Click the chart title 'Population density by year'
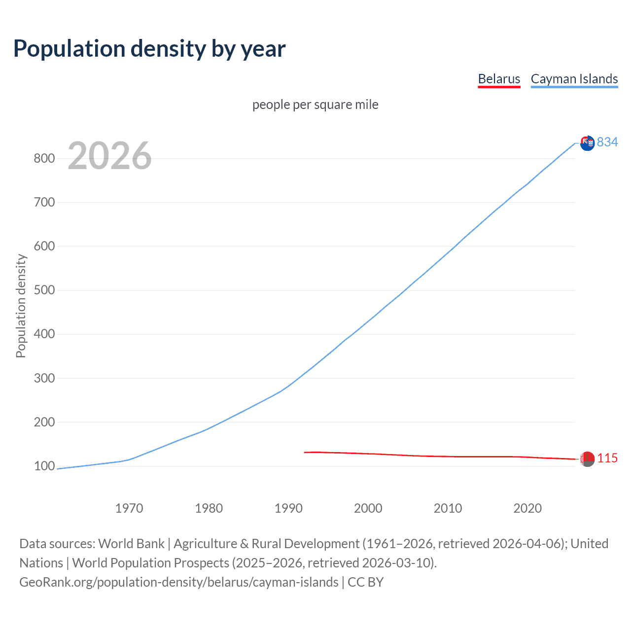coord(149,49)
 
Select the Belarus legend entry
coord(499,79)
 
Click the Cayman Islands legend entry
coord(574,79)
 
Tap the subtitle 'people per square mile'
coord(315,105)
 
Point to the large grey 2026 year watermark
coord(109,156)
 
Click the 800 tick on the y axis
coord(44,158)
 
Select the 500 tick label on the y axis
coord(44,290)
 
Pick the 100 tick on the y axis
coord(44,466)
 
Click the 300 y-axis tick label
coord(44,378)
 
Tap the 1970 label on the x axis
coord(129,508)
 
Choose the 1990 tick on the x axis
coord(288,508)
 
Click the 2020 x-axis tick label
coord(527,508)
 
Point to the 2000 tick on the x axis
coord(368,508)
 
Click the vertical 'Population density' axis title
coord(21,306)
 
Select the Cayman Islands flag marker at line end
coord(587,143)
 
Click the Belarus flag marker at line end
coord(587,459)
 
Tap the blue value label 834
coord(607,142)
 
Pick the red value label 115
coord(607,458)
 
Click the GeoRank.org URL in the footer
coord(179,582)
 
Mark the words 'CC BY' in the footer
coord(366,582)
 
